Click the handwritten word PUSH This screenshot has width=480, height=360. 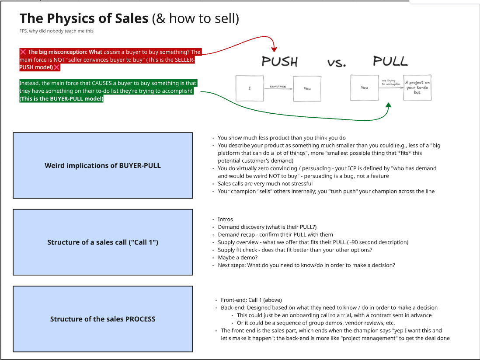(x=279, y=62)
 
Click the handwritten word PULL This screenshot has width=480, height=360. (x=390, y=61)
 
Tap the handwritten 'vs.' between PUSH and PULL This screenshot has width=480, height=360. (x=336, y=63)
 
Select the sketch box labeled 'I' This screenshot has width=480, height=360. (x=250, y=88)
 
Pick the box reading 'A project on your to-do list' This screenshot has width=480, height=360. (x=417, y=87)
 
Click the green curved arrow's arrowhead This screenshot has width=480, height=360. (x=388, y=106)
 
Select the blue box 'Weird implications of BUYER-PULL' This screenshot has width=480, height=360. (x=103, y=165)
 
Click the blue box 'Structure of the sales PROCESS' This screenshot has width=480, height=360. (x=103, y=319)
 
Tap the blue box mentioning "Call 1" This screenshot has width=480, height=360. (x=103, y=242)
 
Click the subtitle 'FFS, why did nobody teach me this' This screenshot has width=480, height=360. (x=56, y=31)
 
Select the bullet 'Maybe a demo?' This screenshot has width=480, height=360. (x=238, y=258)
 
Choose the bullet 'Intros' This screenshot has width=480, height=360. (x=226, y=219)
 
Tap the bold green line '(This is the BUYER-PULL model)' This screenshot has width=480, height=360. (x=62, y=99)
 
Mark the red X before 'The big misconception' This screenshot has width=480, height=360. (x=23, y=52)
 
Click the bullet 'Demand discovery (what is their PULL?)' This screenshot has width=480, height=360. (x=267, y=227)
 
